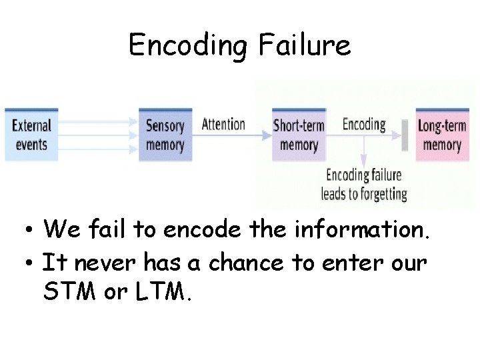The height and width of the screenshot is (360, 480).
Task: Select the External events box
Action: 31,135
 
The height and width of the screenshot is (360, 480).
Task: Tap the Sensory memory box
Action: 165,135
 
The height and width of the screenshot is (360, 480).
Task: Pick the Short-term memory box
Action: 298,135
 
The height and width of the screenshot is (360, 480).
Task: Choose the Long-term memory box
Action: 442,135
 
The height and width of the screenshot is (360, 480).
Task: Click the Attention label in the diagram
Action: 223,124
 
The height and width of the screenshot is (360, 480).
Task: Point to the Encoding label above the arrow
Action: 364,124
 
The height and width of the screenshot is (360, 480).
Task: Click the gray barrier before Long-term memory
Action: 405,135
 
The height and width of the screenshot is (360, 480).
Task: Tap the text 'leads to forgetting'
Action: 364,194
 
